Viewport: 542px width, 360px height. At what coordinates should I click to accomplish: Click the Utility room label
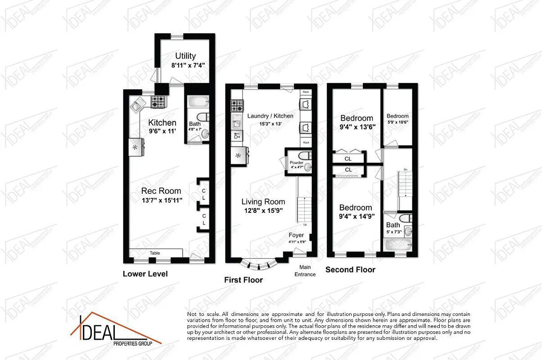[185, 56]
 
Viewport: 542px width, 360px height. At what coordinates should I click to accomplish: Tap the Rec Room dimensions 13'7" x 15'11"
[161, 201]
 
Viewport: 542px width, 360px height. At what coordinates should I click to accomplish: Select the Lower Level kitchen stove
[158, 102]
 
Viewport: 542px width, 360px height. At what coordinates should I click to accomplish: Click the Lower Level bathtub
[197, 102]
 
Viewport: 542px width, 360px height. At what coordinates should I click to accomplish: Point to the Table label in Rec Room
[154, 253]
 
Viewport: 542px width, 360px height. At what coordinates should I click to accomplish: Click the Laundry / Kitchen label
[270, 116]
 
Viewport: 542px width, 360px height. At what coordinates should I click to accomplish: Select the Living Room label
[263, 202]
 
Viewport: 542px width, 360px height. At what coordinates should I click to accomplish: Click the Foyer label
[297, 235]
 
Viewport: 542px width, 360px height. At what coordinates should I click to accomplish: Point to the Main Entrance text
[305, 271]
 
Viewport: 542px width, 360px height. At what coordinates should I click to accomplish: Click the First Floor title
[244, 280]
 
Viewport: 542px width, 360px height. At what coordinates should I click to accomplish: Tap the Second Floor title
[350, 270]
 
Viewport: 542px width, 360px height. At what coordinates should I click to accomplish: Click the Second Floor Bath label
[393, 225]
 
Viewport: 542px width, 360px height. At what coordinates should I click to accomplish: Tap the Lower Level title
[145, 274]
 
